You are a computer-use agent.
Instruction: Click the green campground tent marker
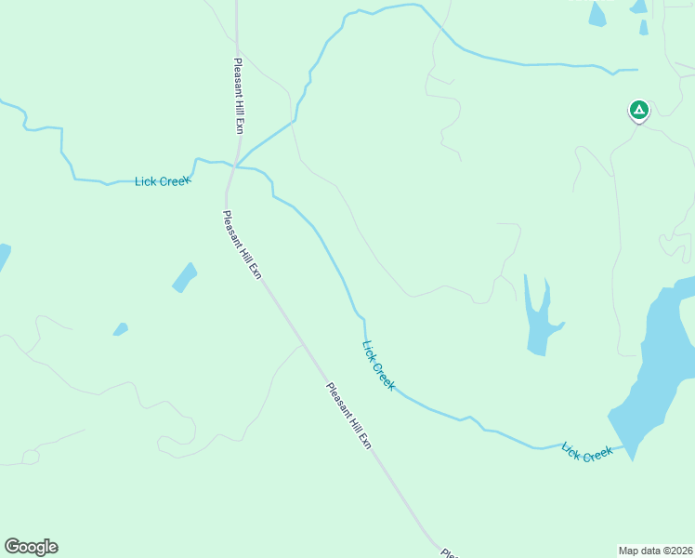(x=638, y=111)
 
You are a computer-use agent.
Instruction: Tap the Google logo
(x=31, y=547)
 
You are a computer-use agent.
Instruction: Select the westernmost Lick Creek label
(x=163, y=181)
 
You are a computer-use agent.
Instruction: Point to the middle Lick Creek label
(x=378, y=365)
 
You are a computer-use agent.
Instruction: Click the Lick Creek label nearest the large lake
(x=587, y=452)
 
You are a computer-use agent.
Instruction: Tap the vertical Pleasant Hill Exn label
(x=238, y=97)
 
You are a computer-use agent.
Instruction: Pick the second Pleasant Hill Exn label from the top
(x=243, y=245)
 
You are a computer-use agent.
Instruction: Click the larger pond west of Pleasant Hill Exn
(x=184, y=277)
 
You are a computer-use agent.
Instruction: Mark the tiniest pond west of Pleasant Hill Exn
(x=120, y=328)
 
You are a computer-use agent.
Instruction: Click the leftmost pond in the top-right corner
(x=597, y=13)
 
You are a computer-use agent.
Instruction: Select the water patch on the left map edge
(x=3, y=257)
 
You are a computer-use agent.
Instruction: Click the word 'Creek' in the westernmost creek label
(x=175, y=181)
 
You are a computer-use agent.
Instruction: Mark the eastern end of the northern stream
(x=637, y=70)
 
